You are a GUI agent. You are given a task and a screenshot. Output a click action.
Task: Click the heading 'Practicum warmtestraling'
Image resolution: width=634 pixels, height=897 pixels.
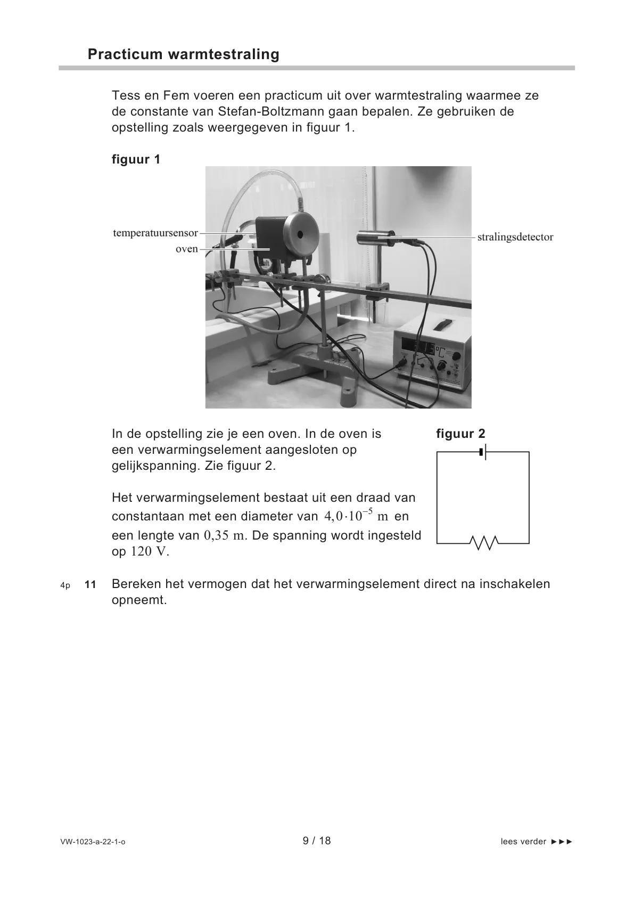(x=183, y=54)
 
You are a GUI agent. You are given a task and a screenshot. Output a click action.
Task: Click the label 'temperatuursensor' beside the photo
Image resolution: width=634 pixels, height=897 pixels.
(x=155, y=233)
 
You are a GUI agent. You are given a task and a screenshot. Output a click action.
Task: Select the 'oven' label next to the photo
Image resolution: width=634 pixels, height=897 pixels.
(x=186, y=249)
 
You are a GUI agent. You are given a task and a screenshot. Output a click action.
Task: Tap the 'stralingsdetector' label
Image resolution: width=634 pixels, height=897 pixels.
(x=515, y=237)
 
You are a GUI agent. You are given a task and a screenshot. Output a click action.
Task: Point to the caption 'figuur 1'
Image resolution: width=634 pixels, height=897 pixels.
(x=136, y=159)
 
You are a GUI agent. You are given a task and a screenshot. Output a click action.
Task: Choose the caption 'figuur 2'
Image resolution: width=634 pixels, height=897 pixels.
(x=460, y=434)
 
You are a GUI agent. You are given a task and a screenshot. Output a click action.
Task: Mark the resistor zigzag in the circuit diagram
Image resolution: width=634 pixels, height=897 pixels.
(x=483, y=543)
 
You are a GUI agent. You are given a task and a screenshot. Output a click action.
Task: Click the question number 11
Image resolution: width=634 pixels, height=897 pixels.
(x=90, y=585)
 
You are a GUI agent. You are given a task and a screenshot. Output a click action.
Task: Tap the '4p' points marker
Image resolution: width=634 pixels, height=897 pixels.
(x=65, y=585)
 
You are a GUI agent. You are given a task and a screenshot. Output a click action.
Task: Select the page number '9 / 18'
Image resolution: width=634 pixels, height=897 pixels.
(x=317, y=841)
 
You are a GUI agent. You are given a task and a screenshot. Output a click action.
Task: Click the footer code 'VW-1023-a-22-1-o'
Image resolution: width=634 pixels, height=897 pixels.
(x=93, y=842)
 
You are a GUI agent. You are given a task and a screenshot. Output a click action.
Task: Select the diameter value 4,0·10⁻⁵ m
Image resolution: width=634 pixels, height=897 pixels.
(x=356, y=516)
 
